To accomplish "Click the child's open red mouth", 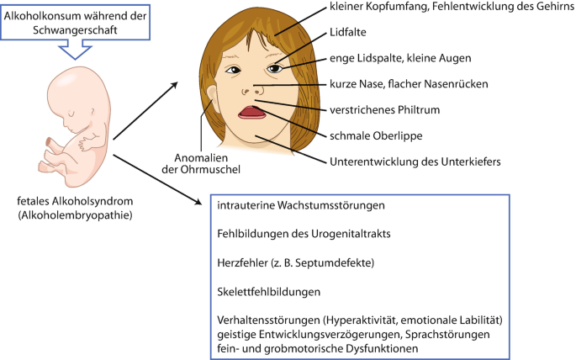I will pyautogui.click(x=252, y=113).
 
